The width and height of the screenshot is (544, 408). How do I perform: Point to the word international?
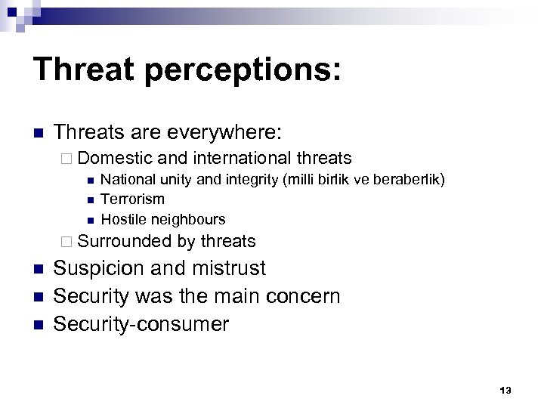click(244, 158)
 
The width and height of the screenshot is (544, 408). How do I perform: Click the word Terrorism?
click(132, 199)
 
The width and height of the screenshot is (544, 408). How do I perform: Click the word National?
click(125, 180)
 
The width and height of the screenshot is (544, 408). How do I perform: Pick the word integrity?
click(250, 180)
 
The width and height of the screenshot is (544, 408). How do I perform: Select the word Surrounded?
click(125, 242)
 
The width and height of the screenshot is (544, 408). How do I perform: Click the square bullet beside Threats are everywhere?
click(39, 134)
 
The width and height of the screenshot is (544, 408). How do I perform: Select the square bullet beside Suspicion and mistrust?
click(39, 270)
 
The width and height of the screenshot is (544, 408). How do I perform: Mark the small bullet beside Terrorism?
click(89, 200)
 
